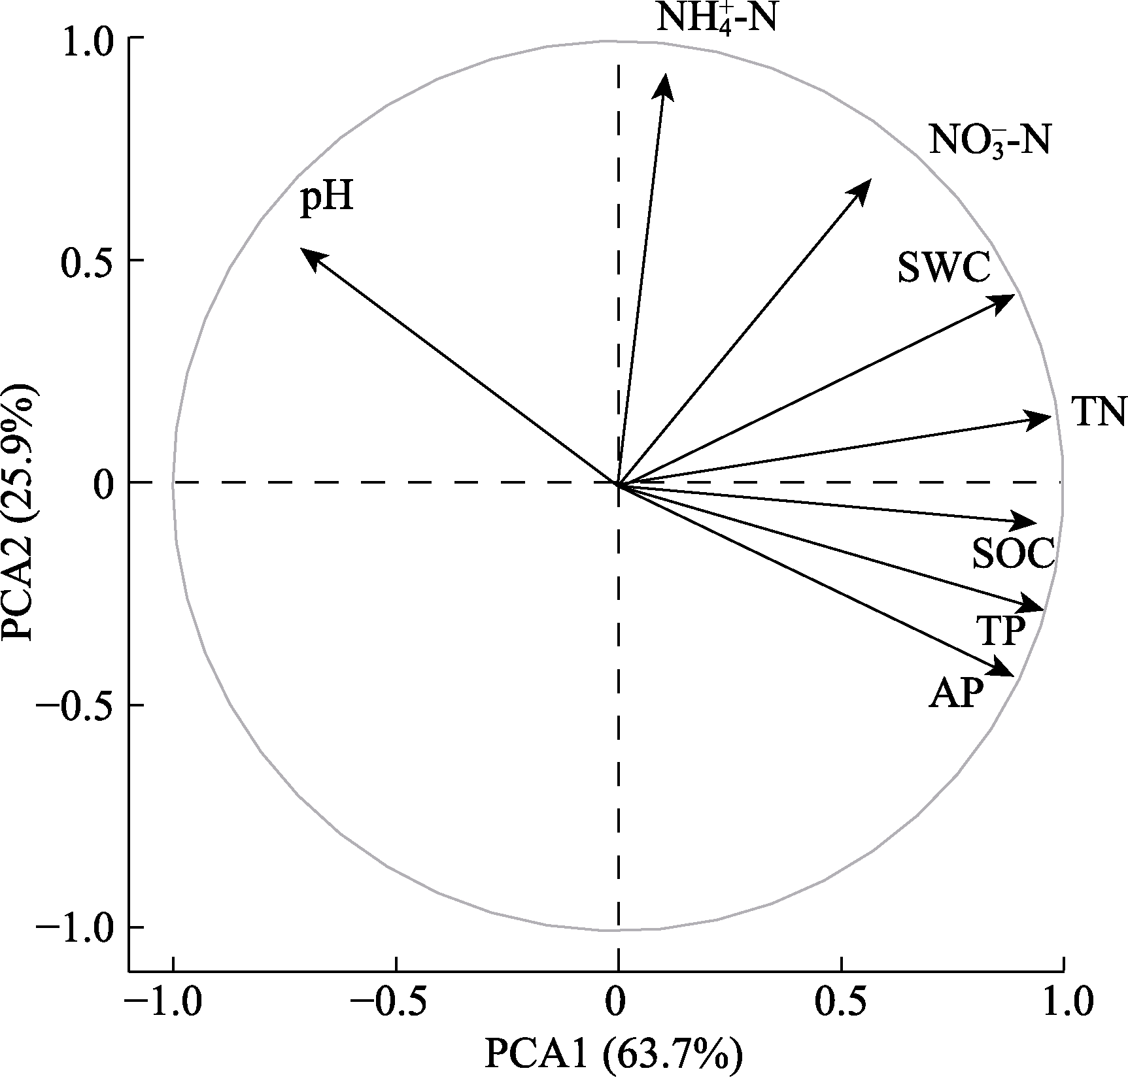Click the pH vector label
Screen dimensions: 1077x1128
[x=327, y=199]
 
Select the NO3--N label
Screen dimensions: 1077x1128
[x=989, y=141]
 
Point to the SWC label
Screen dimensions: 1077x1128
[x=943, y=267]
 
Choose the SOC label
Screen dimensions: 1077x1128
[x=1013, y=554]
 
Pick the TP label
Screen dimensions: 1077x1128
[x=1000, y=630]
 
